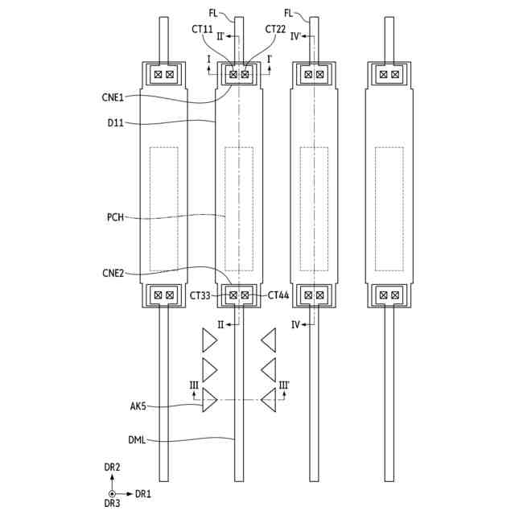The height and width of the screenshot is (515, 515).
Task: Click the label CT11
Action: [x=202, y=29]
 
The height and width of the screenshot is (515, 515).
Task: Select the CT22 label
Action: [x=275, y=29]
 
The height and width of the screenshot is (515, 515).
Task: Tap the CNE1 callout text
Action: [x=113, y=97]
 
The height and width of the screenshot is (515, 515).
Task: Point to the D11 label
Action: [x=116, y=123]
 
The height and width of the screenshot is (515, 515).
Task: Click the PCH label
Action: [x=116, y=217]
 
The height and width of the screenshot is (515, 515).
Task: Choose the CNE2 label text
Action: [x=113, y=273]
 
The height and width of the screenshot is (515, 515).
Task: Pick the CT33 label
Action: [x=200, y=295]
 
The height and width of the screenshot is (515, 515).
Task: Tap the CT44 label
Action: [x=278, y=295]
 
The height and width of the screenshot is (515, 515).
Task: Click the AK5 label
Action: [x=138, y=406]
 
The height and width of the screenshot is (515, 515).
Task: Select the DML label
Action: [x=137, y=440]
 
